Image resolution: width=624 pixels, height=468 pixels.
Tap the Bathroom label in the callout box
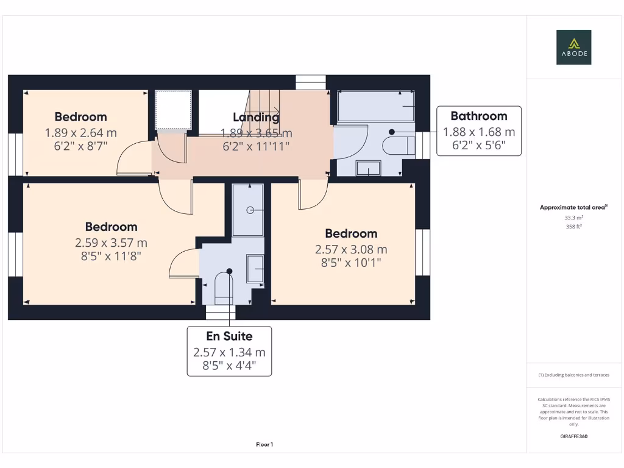[478, 116]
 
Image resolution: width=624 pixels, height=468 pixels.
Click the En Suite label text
[229, 336]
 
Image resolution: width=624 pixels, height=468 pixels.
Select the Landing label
[256, 118]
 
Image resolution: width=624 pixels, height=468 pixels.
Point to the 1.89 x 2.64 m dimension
[80, 132]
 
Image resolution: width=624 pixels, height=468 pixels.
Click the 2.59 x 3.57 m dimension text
[111, 243]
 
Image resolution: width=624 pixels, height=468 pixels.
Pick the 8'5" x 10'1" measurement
[350, 263]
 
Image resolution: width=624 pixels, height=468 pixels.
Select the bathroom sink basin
[368, 168]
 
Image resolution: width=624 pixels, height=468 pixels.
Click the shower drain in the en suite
[250, 210]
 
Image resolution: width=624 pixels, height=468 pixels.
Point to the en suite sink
[255, 269]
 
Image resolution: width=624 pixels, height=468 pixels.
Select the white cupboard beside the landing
[174, 109]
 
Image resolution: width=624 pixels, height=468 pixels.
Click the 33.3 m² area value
[573, 217]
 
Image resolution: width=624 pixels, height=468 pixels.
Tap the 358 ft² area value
[573, 226]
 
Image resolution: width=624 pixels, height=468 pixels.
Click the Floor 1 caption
[264, 445]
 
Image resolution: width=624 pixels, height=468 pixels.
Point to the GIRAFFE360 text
[573, 436]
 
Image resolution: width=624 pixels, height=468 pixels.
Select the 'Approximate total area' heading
[572, 208]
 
